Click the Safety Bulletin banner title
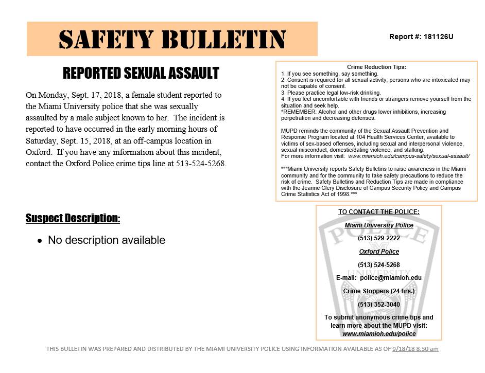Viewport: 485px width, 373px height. tap(172, 39)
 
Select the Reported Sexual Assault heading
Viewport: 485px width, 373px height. tap(141, 74)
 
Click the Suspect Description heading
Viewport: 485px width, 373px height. tap(73, 219)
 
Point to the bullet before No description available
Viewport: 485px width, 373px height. tap(40, 241)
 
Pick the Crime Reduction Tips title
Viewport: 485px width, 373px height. tap(376, 67)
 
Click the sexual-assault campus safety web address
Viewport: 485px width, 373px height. tap(409, 155)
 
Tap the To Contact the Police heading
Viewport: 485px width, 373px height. tap(378, 212)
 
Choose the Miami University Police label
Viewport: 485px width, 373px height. tap(378, 225)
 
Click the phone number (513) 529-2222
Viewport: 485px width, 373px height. tap(378, 238)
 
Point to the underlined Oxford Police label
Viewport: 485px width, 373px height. tap(378, 252)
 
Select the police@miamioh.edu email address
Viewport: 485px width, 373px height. tap(390, 278)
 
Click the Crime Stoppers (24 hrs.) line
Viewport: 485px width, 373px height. tap(378, 291)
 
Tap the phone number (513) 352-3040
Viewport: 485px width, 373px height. tap(378, 304)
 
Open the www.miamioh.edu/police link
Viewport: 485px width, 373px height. tap(378, 334)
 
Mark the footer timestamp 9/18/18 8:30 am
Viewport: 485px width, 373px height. tap(415, 349)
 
